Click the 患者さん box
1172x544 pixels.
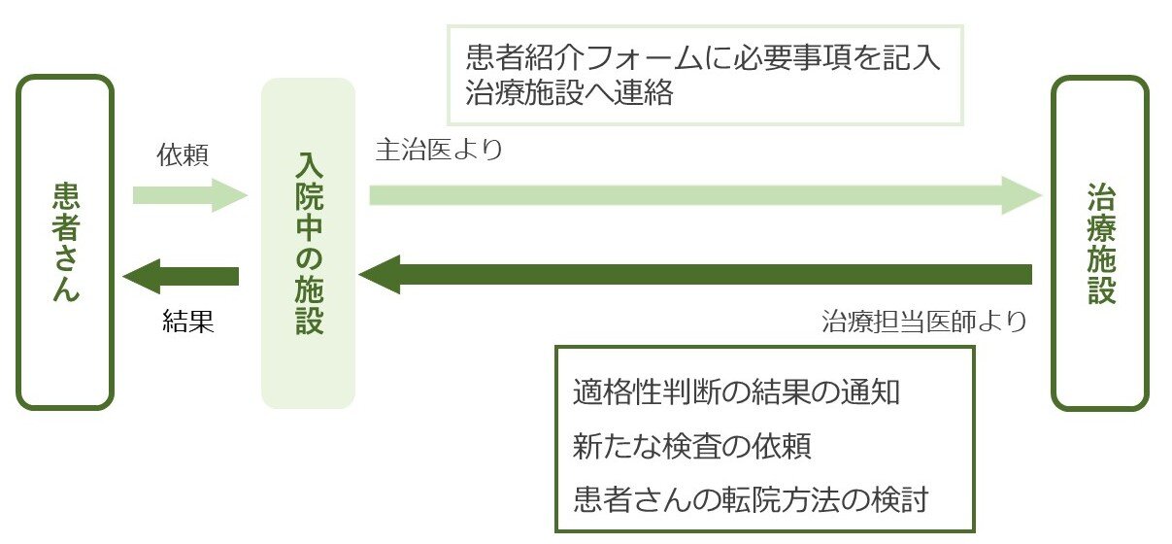[x=65, y=242]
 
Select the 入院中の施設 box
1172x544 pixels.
[x=308, y=243]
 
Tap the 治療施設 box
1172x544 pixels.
[x=1100, y=243]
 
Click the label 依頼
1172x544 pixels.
[x=183, y=154]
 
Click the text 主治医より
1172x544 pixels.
[x=439, y=151]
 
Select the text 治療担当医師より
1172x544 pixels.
[x=923, y=322]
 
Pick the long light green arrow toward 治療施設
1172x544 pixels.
[x=680, y=195]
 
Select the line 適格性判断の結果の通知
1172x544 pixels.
[x=738, y=393]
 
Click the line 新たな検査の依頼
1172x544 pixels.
[x=692, y=447]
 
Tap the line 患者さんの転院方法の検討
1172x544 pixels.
[x=752, y=499]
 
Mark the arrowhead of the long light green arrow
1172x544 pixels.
[x=1021, y=195]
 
